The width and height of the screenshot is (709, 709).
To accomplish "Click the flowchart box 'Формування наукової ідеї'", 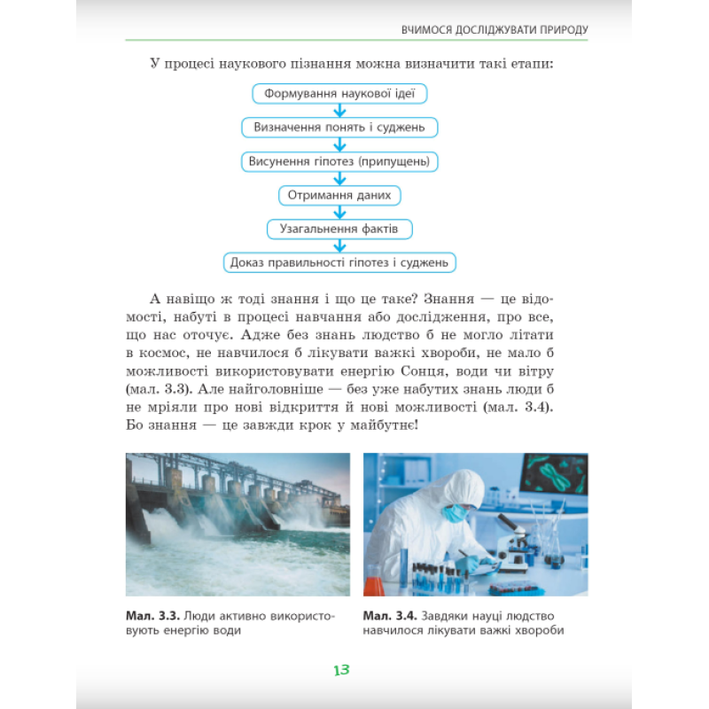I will pyautogui.click(x=340, y=93).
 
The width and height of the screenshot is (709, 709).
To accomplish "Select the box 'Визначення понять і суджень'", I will pyautogui.click(x=340, y=127).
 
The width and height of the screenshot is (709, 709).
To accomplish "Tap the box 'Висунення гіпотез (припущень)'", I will pyautogui.click(x=340, y=161).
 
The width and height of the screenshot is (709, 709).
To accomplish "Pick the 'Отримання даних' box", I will pyautogui.click(x=340, y=195).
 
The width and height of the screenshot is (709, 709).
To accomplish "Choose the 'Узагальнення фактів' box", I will pyautogui.click(x=340, y=229).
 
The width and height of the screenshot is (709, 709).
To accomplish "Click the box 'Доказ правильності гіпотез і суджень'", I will pyautogui.click(x=340, y=262).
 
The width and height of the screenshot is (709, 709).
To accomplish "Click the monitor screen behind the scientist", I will pyautogui.click(x=554, y=474).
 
